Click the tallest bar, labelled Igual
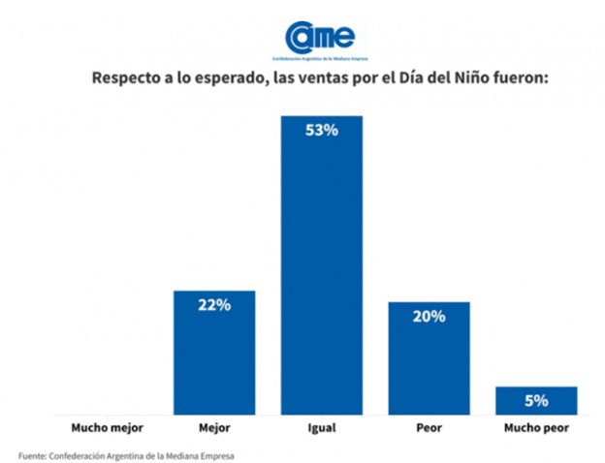coord(321,271)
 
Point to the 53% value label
coord(322,130)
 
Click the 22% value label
coord(214,305)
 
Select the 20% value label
coord(429,316)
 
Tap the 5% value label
coord(536,399)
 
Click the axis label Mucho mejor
coord(108,425)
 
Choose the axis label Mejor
coord(214,425)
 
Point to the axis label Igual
coord(322,425)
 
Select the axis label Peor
coord(429,425)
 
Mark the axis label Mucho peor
coord(536,425)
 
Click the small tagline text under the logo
coord(319,59)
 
